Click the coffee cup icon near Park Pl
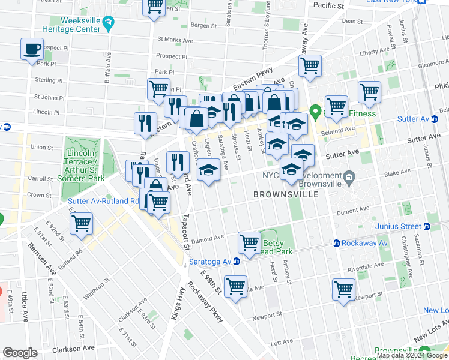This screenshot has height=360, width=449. (32, 49)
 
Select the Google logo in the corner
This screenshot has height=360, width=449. (20, 353)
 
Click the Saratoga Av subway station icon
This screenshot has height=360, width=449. (237, 261)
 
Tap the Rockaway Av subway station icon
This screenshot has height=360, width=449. (336, 243)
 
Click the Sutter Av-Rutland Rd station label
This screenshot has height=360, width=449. (104, 201)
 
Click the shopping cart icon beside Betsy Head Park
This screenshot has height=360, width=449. (249, 242)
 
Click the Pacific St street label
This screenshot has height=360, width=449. (328, 5)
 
